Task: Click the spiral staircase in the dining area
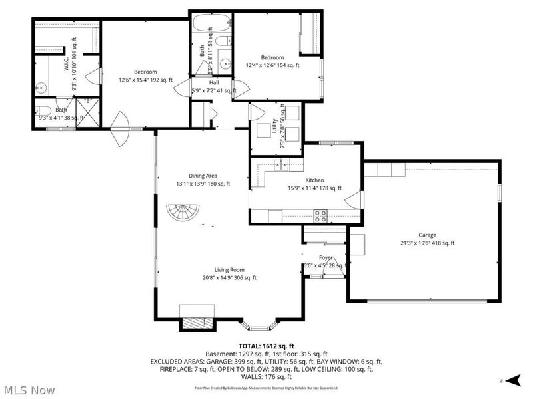183,215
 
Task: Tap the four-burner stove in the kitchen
320,215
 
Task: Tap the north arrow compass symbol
511,380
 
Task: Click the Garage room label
428,235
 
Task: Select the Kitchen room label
314,180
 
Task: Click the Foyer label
325,257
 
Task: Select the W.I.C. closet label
67,63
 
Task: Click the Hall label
214,82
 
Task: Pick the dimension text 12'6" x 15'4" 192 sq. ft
145,80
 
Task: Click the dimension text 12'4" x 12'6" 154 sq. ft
272,65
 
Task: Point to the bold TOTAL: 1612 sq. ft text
265,346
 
